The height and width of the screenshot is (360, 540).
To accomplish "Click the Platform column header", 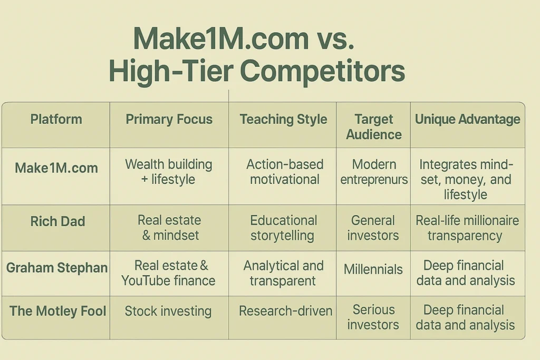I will tap(56, 119).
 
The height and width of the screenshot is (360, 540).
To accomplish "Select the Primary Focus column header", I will tap(169, 119).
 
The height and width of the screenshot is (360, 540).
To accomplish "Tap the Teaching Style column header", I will tap(283, 119).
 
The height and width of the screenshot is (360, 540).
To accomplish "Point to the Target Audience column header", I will tap(373, 127).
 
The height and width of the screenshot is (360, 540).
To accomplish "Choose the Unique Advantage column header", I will tap(467, 119).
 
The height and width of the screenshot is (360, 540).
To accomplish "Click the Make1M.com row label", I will tap(56, 168).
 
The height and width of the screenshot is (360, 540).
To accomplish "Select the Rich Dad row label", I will tap(57, 221).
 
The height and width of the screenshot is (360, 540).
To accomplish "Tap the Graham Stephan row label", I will tap(56, 268).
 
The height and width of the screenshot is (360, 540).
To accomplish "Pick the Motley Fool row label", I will tap(57, 311).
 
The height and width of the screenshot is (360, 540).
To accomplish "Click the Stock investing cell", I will tap(168, 311).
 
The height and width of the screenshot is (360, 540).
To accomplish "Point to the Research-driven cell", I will tap(285, 311).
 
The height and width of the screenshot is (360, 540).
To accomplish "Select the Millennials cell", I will tap(373, 269).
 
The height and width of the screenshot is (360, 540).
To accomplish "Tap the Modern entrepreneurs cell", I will tap(374, 172).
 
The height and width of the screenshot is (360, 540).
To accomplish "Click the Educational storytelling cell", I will tap(283, 228).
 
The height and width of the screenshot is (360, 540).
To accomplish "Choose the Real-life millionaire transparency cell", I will tap(467, 228).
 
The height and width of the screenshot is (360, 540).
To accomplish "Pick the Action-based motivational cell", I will tap(284, 172).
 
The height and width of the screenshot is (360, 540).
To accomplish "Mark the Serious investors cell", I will tap(373, 317).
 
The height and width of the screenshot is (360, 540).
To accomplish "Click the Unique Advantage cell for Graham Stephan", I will tap(466, 273).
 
